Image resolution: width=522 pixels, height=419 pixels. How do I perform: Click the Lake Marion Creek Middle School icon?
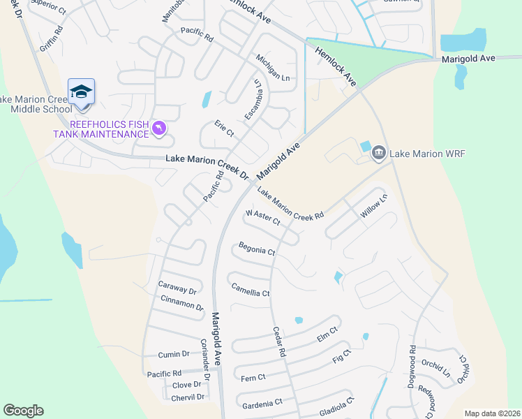tap(81, 92)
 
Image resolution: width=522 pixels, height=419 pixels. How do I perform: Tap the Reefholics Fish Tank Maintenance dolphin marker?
tap(159, 128)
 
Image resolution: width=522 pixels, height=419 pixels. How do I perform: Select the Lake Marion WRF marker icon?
tap(379, 153)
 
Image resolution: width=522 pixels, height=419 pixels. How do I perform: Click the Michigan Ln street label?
tap(272, 68)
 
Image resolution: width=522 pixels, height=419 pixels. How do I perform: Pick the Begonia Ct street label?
tap(257, 248)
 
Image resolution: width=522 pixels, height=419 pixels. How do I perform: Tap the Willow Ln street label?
tap(373, 205)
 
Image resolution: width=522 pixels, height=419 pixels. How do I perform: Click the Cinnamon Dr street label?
tap(181, 302)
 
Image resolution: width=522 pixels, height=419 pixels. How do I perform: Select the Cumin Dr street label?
tap(174, 354)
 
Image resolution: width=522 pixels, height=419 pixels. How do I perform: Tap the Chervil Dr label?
tap(188, 397)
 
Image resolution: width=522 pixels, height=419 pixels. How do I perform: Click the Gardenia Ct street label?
tap(262, 403)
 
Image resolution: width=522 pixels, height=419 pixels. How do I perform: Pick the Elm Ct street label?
tap(327, 334)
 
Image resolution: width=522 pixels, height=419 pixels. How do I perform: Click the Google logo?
tap(23, 411)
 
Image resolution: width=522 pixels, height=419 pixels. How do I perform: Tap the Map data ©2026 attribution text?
tap(492, 413)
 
